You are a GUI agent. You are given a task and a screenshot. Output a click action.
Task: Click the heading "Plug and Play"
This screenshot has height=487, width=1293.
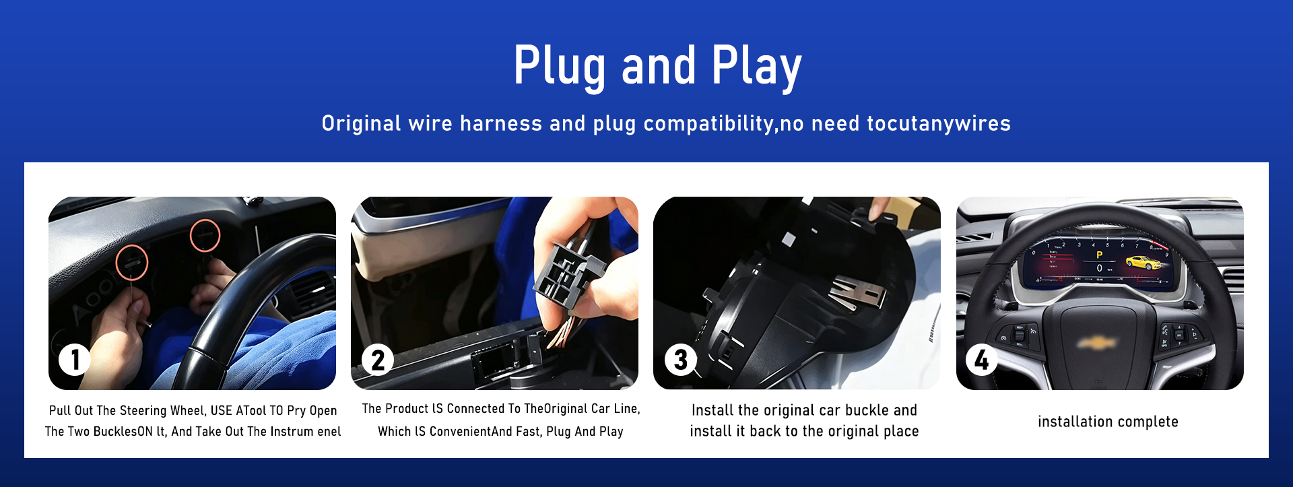coord(657,66)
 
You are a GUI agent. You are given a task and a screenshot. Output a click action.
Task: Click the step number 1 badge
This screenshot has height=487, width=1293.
coord(75,360)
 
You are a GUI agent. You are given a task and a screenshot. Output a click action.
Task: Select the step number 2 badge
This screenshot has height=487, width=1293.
coord(378,360)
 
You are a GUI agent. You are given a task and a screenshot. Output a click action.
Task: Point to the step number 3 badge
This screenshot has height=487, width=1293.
coord(681,360)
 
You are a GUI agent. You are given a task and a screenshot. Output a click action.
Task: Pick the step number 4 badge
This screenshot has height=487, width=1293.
coord(982,360)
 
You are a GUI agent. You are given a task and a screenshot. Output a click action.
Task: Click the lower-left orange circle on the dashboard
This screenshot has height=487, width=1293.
coord(132,263)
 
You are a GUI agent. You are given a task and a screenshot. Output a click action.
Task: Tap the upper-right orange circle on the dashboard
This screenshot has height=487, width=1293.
coord(205,235)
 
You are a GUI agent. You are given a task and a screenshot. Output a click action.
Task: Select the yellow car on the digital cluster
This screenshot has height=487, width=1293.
coord(1143,262)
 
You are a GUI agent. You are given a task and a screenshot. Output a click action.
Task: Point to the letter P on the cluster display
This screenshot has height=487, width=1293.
coord(1100,255)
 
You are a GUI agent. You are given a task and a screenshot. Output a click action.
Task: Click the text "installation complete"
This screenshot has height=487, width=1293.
coord(1108,422)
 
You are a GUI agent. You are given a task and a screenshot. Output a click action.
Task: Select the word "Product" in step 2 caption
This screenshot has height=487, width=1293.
coord(407,409)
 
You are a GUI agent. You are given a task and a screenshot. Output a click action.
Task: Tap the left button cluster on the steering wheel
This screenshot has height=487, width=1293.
coord(1017,334)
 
